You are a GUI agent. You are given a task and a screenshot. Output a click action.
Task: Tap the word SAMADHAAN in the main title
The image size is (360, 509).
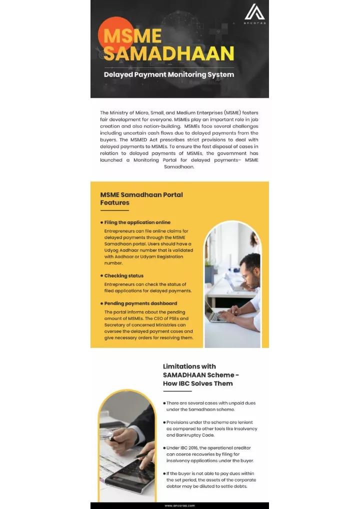coord(169,53)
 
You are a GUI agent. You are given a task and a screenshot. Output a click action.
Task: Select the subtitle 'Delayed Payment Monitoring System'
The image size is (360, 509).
coord(168,74)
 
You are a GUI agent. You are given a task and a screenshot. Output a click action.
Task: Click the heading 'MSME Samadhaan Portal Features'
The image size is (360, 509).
coord(141,198)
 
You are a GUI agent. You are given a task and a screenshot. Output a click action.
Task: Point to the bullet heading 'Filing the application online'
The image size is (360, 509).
coord(137,222)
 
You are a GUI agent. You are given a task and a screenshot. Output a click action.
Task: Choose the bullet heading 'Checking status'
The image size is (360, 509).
coord(123,275)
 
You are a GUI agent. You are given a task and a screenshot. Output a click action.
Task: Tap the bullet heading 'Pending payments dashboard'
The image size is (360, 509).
coord(140,303)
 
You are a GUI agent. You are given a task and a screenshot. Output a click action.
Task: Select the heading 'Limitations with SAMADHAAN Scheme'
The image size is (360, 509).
coord(200,375)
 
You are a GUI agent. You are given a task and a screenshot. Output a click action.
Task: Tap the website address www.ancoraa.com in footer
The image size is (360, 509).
coord(179,505)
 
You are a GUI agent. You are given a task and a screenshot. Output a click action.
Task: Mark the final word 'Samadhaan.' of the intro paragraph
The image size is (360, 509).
coord(179,167)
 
